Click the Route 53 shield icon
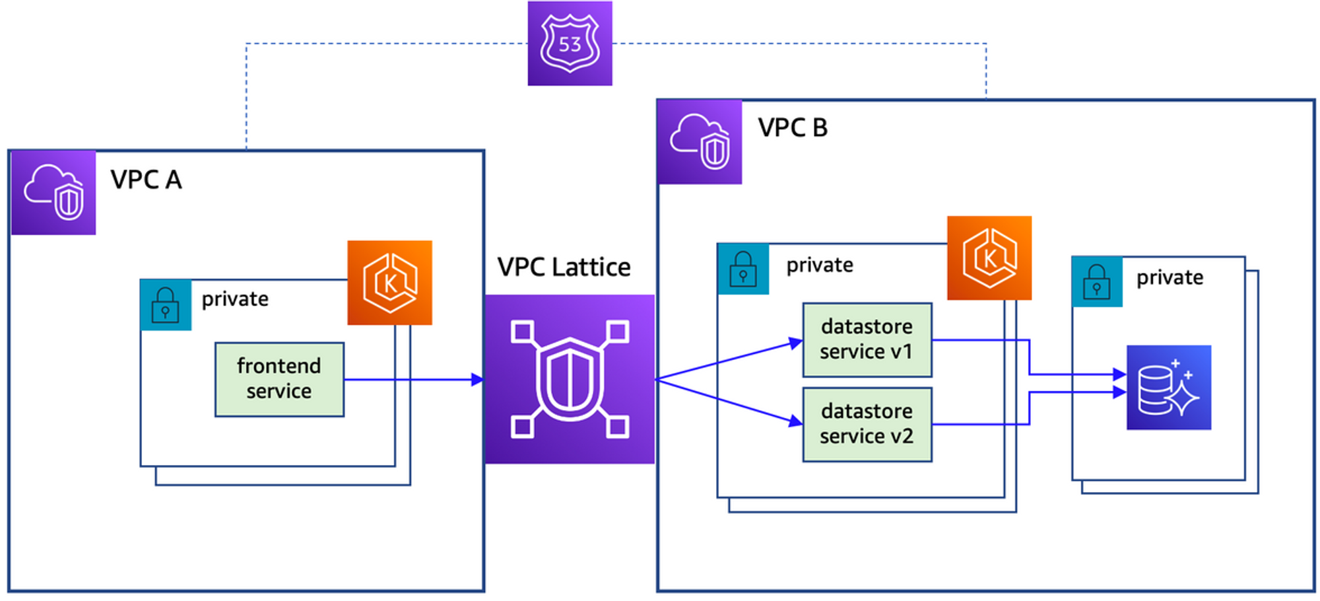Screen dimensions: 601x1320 tap(570, 44)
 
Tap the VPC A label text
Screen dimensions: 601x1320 tap(146, 180)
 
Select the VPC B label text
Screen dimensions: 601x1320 tap(792, 127)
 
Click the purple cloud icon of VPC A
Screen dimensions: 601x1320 tap(53, 192)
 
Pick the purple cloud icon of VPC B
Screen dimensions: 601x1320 tap(700, 141)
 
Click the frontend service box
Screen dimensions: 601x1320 tap(279, 379)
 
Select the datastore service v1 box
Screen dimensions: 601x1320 tap(867, 339)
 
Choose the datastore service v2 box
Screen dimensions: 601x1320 tap(867, 424)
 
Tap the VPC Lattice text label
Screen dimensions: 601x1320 tap(564, 267)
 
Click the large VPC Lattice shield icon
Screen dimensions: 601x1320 tap(570, 379)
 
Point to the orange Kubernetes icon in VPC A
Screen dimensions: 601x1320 tap(389, 283)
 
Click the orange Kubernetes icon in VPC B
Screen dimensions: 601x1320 tap(989, 258)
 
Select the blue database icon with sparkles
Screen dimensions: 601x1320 tap(1168, 388)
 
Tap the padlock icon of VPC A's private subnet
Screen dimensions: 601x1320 tap(165, 304)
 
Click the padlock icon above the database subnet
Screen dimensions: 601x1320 tap(1096, 282)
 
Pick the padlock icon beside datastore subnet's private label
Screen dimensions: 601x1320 tap(743, 269)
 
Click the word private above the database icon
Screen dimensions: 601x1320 tap(1170, 277)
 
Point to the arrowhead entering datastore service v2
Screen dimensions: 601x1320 tap(795, 420)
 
